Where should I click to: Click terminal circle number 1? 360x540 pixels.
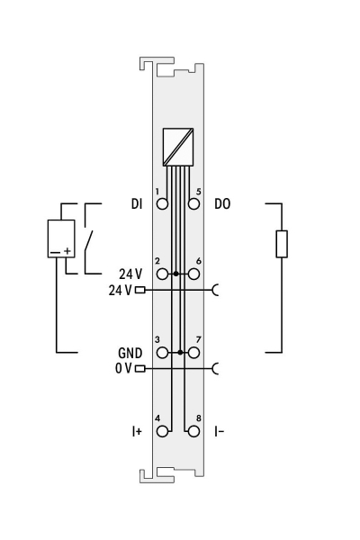pos(162,203)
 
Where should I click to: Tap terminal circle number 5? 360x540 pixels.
pos(193,203)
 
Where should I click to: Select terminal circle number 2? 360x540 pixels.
pos(162,273)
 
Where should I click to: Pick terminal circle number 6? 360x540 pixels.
pos(193,273)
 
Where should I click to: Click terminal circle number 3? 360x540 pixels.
pos(162,353)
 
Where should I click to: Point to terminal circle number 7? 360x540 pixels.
pos(193,353)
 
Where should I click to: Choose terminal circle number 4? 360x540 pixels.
pos(162,431)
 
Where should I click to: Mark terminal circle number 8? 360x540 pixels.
pos(193,431)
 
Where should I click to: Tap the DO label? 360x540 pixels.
pos(222,204)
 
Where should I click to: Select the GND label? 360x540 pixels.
pos(131,354)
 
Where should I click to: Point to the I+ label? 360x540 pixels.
pos(136,432)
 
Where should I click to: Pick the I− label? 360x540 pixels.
pos(219,432)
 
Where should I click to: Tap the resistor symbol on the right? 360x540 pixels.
pos(282,244)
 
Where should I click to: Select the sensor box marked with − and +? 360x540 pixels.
pos(61,238)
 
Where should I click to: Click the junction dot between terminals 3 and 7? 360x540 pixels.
pos(182,353)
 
